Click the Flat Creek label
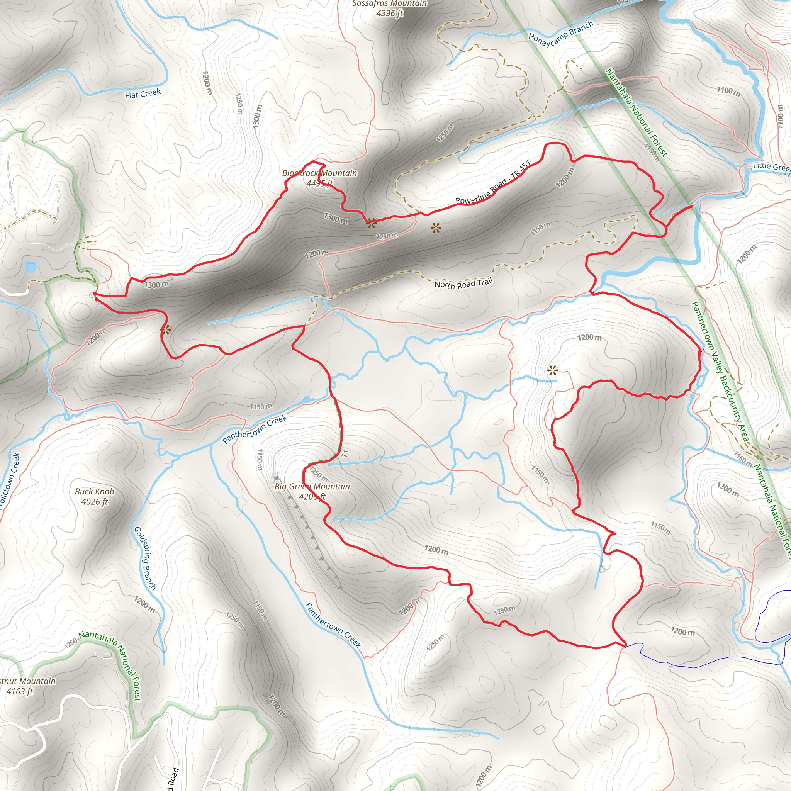pos(143,94)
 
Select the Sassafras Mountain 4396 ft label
pos(389,8)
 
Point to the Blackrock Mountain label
pos(319,173)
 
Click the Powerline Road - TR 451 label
pos(493,183)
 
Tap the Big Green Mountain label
pos(312,487)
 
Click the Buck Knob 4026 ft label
pos(95,496)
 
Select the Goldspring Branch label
pos(145,558)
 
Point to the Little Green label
pos(771,166)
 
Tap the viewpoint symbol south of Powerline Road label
pos(436,227)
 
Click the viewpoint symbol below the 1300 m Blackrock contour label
pos(371,224)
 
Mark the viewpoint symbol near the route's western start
pos(165,330)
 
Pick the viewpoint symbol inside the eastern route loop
pos(552,371)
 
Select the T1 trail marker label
pos(346,453)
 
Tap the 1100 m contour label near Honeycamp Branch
pos(728,91)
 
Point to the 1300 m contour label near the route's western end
pos(156,284)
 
